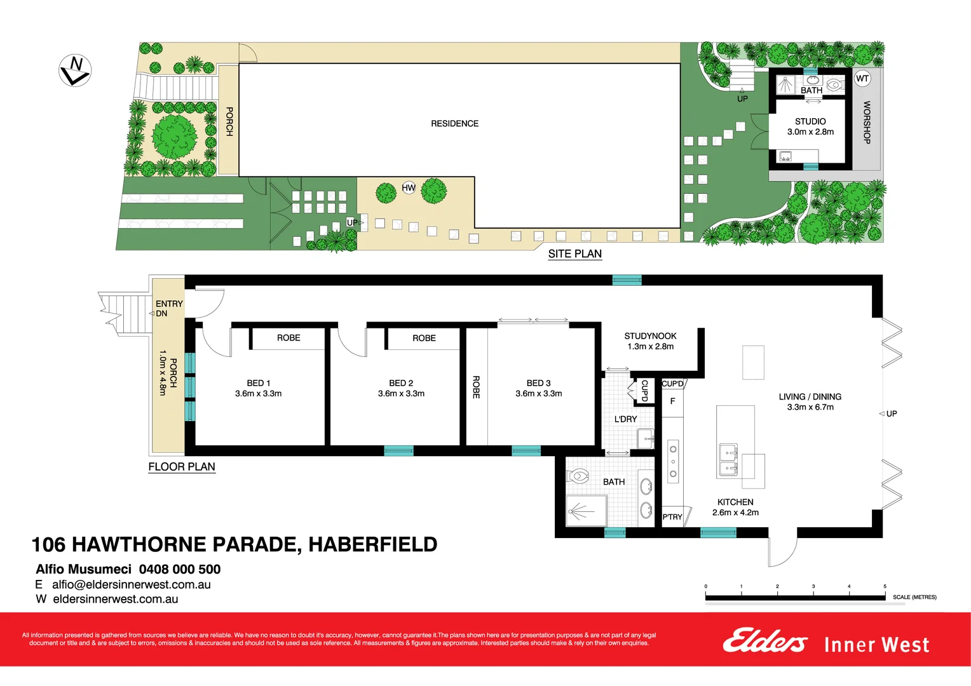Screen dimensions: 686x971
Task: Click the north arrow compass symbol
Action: pos(75,71)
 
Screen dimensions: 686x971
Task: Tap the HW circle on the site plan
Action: pos(409,187)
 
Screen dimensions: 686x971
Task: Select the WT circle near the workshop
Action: pos(862,79)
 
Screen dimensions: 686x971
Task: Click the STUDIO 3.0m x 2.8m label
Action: pos(810,126)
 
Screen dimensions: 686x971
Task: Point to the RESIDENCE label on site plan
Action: pos(454,124)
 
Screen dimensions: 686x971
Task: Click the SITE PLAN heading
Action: pos(574,254)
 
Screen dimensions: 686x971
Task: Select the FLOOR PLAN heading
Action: pos(182,467)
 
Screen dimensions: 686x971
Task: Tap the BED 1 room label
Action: pos(259,388)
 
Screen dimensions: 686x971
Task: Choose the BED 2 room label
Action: pos(401,388)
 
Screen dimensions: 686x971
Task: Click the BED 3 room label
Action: pos(538,388)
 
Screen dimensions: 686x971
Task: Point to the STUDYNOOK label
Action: pos(650,341)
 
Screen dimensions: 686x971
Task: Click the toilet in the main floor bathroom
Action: pos(579,476)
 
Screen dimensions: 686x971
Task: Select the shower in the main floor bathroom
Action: pos(585,511)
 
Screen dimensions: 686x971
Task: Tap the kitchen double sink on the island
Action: pos(728,461)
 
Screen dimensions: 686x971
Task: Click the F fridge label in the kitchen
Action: pos(672,401)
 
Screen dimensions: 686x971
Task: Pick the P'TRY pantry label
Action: pos(672,517)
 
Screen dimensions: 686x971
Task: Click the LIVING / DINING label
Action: pos(810,401)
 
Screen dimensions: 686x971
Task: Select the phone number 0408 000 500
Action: pos(180,569)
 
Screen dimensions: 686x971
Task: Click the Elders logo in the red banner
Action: pos(764,641)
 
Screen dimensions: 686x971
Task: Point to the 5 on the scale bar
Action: pos(885,587)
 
